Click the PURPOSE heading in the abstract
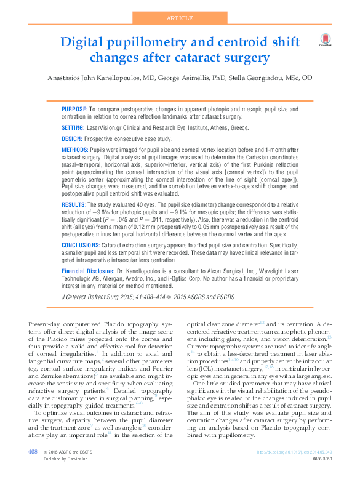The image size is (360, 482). [74, 109]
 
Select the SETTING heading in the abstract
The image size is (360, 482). [73, 127]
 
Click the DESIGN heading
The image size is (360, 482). [72, 139]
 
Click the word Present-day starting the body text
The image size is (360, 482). [44, 323]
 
